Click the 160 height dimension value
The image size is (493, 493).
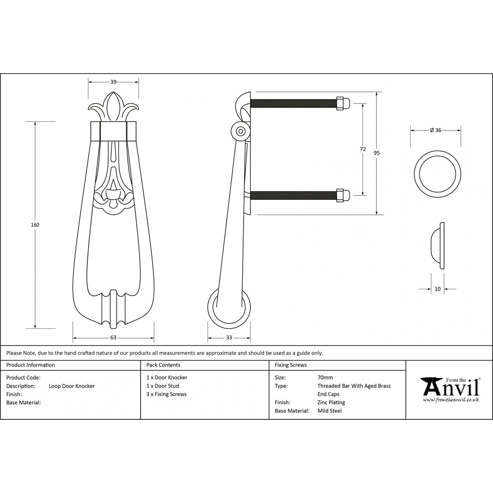pos(35,225)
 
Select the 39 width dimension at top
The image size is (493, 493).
pos(113,82)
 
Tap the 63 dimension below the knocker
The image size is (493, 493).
pos(113,337)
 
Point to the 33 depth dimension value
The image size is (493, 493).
pos(229,337)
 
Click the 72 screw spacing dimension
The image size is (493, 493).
pos(363,149)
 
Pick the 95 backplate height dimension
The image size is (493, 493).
pos(376,153)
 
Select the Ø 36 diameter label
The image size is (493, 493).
pos(435,130)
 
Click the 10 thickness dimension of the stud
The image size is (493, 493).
pos(437,289)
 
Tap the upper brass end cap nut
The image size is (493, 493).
pos(343,103)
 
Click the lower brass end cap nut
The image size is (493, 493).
pos(343,195)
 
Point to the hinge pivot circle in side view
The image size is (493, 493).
pos(241,131)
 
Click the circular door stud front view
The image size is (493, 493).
pos(437,174)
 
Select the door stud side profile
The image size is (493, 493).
pos(437,246)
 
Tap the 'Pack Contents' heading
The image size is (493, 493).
pos(163,365)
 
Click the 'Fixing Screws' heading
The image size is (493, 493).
pos(291,365)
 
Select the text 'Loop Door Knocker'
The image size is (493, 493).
pos(72,386)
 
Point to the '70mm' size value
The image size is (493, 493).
pos(325,377)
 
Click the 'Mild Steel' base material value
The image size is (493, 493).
pos(329,411)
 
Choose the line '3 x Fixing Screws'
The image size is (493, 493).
pos(166,394)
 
